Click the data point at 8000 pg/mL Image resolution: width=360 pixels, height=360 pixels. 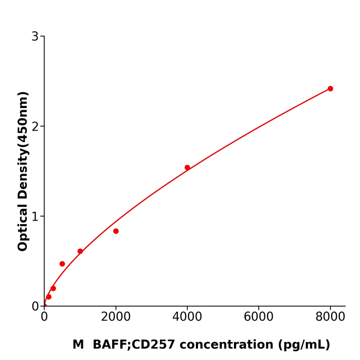pos(330,88)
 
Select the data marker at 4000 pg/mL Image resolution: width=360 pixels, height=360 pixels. pos(187,168)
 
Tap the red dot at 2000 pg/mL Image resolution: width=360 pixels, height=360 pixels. pos(116,231)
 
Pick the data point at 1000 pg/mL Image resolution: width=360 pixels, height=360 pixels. pos(80,251)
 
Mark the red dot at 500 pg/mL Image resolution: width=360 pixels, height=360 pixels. pos(62,264)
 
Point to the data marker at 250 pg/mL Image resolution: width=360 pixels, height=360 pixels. pos(53,289)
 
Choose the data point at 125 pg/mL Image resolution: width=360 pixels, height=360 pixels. pos(49,297)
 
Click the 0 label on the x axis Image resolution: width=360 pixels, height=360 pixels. pos(44,317)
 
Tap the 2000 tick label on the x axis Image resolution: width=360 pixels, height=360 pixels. pos(116,317)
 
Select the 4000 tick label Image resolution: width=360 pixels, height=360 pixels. pos(187,317)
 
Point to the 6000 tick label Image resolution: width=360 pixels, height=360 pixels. pos(259,317)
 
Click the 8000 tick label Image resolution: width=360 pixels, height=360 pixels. pos(330,317)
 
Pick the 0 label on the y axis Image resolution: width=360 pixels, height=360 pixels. pos(35,307)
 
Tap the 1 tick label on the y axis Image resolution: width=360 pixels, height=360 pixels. pos(35,217)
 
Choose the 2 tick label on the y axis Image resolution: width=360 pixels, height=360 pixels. pos(35,127)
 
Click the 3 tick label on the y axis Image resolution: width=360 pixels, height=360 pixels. pos(35,37)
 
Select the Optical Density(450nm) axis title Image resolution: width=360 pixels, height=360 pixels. pos(23,171)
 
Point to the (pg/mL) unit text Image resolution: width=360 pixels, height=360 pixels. pos(304,345)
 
